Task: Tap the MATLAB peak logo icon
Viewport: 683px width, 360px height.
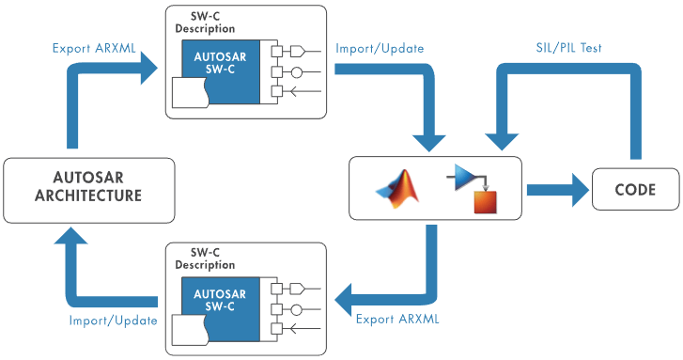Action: point(396,189)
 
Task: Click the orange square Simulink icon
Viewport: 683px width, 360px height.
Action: point(485,200)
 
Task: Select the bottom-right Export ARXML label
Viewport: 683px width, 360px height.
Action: point(397,318)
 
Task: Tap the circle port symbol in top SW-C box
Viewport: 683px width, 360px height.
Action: point(296,70)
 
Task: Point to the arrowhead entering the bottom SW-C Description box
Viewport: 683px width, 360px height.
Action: point(344,301)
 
